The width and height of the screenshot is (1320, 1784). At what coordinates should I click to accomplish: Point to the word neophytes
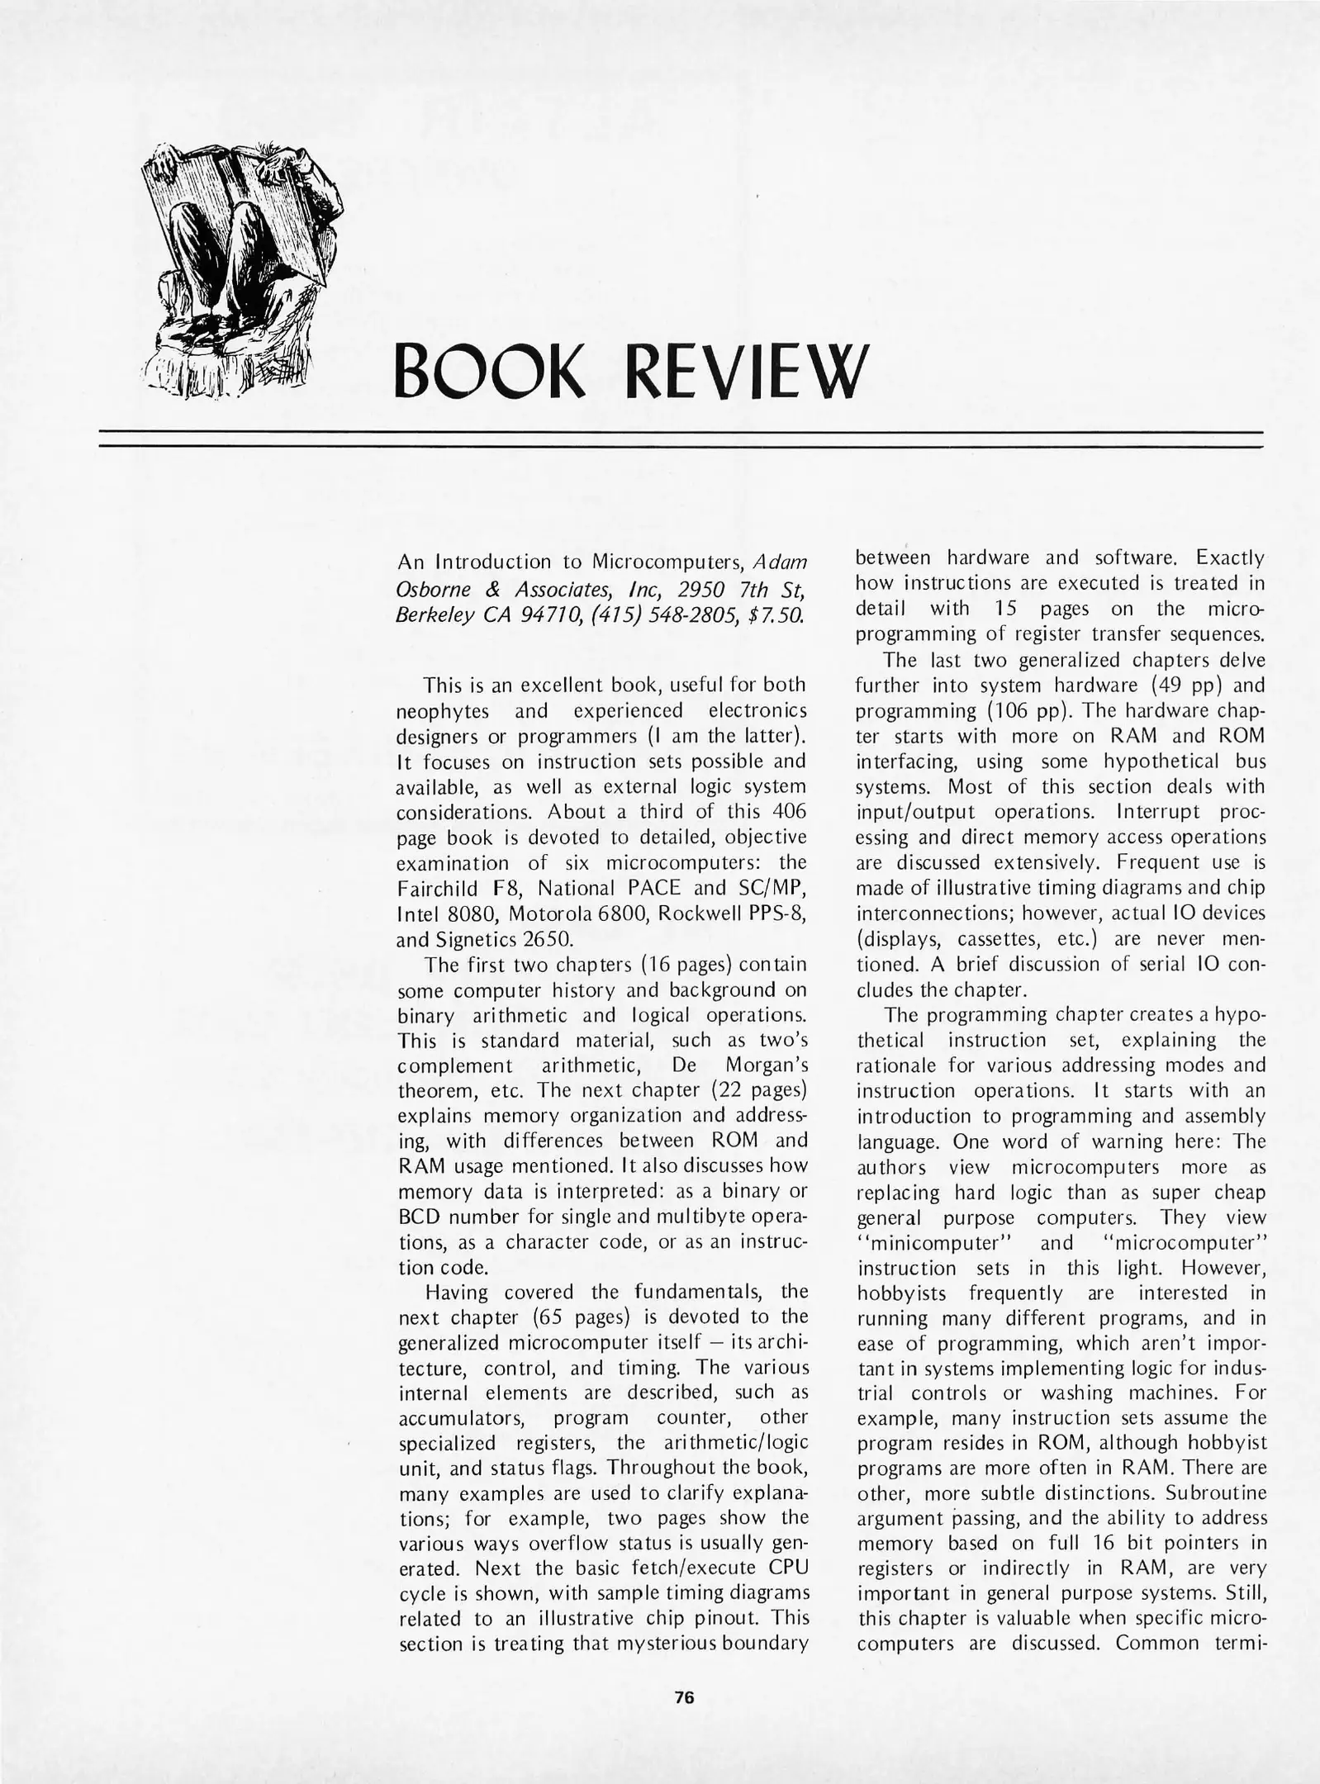[443, 711]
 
